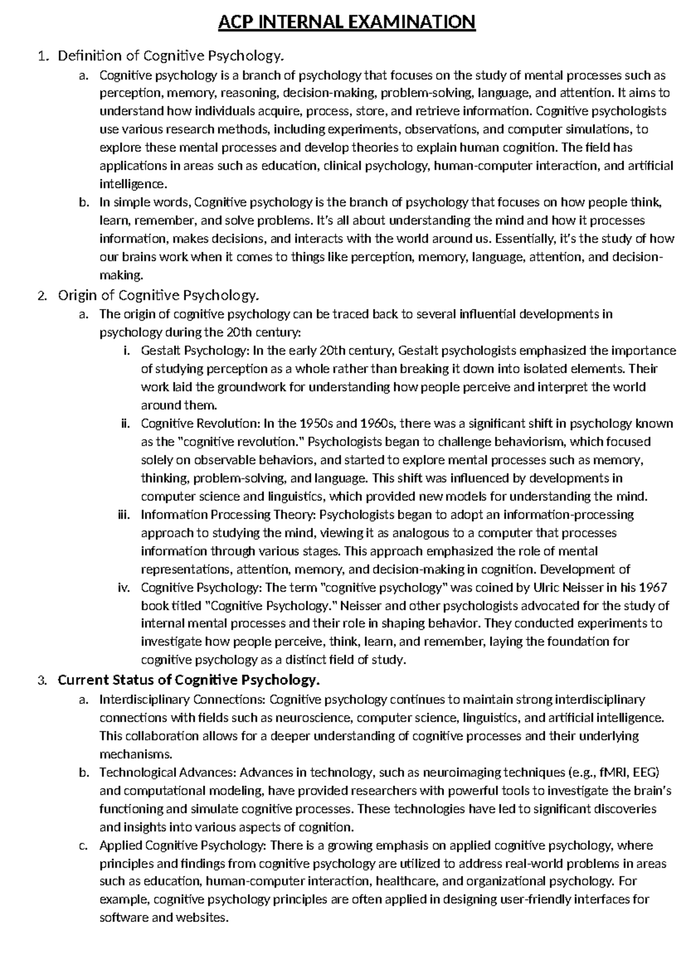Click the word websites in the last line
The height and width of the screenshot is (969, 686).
203,918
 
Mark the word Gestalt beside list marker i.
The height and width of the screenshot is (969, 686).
158,350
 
